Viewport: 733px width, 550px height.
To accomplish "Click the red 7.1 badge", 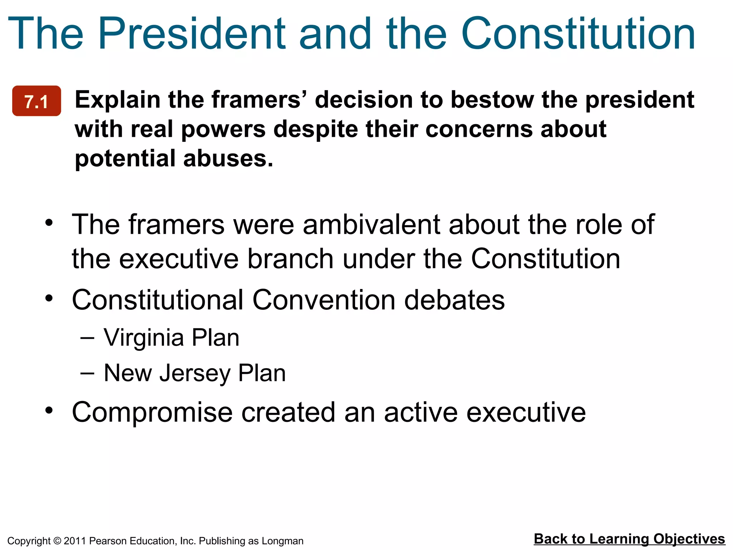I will pos(37,101).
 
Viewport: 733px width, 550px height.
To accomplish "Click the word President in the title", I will pos(191,34).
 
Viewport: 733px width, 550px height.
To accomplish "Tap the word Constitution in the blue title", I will pos(578,34).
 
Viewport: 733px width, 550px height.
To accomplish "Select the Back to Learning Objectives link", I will pos(629,539).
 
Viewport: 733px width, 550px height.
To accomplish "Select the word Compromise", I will pos(152,412).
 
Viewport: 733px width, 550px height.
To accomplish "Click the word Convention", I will pos(324,300).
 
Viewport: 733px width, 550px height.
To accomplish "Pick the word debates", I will pos(455,300).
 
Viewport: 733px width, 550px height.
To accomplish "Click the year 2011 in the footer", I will pos(75,541).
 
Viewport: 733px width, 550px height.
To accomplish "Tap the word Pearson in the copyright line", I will pos(106,541).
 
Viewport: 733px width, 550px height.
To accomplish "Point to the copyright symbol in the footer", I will pos(57,541).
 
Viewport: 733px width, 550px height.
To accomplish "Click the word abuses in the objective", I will pos(228,158).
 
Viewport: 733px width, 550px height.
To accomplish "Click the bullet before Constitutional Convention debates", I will pos(49,298).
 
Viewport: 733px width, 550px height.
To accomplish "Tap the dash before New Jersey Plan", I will pos(87,373).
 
